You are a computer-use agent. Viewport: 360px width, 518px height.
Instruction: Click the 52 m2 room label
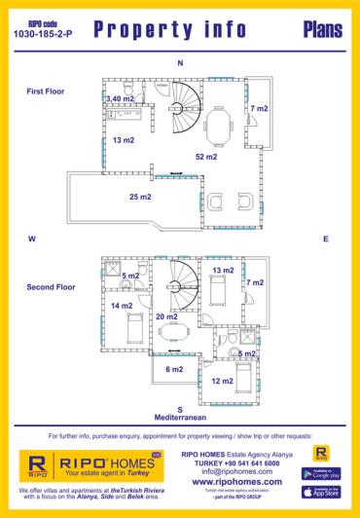pyautogui.click(x=205, y=157)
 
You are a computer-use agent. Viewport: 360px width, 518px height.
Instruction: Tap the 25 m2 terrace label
pyautogui.click(x=140, y=198)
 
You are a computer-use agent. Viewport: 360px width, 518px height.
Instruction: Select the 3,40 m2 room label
pyautogui.click(x=120, y=98)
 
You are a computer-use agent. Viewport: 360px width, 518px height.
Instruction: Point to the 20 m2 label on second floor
pyautogui.click(x=166, y=316)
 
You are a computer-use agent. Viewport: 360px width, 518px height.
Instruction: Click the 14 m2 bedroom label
pyautogui.click(x=122, y=306)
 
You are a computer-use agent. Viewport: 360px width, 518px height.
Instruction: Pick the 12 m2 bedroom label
pyautogui.click(x=222, y=380)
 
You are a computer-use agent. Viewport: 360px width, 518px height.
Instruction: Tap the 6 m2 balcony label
pyautogui.click(x=174, y=369)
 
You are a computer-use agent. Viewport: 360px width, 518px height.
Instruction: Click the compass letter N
pyautogui.click(x=179, y=63)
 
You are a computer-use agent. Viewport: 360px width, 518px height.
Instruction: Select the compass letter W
pyautogui.click(x=32, y=239)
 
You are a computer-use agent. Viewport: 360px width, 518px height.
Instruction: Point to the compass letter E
pyautogui.click(x=326, y=239)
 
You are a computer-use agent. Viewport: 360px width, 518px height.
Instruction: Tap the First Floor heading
pyautogui.click(x=46, y=91)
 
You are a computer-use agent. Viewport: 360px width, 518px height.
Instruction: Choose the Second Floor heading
pyautogui.click(x=51, y=287)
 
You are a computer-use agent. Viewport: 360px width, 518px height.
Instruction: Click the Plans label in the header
pyautogui.click(x=322, y=31)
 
